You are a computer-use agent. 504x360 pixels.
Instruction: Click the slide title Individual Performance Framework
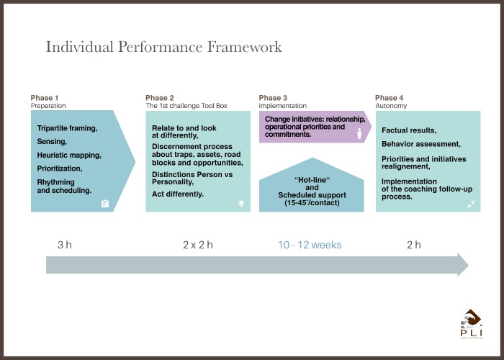(163, 47)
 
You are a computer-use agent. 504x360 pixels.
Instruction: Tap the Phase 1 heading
(45, 98)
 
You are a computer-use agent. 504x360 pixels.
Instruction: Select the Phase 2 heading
(159, 98)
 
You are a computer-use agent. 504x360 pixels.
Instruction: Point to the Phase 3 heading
(273, 98)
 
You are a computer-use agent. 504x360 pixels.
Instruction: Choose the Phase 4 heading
(389, 98)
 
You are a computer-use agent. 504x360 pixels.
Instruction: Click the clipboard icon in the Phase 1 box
(105, 204)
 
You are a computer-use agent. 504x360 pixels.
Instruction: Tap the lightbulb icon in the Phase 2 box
(241, 204)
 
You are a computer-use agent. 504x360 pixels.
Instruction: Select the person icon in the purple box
(359, 134)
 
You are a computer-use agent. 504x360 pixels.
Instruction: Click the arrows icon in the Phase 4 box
(471, 204)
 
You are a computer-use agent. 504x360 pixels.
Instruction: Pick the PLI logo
(471, 324)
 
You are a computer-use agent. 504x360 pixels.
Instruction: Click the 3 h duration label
(65, 245)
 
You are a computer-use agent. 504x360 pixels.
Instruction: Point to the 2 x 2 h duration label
(198, 245)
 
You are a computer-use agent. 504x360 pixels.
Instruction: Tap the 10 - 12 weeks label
(310, 245)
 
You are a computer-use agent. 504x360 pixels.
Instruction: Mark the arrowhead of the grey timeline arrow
(463, 264)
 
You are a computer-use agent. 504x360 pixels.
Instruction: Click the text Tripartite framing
(67, 128)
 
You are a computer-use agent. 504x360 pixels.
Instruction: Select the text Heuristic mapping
(69, 156)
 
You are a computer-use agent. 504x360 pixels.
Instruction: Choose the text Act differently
(178, 194)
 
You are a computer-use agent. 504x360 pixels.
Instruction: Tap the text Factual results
(409, 130)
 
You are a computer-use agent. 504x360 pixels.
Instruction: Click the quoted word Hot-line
(312, 180)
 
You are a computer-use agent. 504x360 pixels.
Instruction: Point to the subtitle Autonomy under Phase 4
(391, 106)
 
